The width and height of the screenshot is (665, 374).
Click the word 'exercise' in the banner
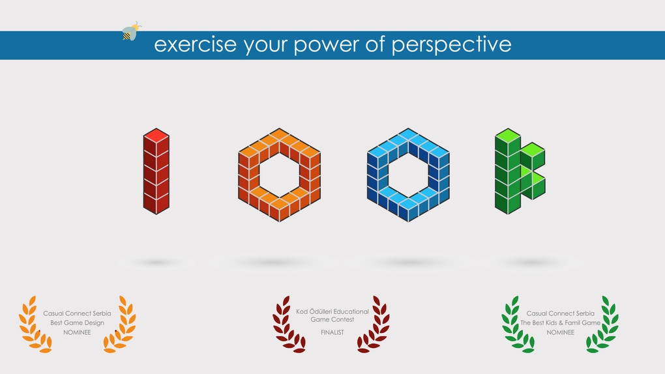click(x=195, y=44)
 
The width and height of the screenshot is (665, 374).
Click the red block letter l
click(x=156, y=171)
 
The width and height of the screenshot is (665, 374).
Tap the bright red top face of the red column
click(x=156, y=136)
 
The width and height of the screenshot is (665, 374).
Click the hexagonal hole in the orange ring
click(x=280, y=175)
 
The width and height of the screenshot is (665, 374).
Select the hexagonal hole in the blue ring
click(x=408, y=175)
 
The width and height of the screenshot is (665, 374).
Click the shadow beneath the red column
click(x=156, y=263)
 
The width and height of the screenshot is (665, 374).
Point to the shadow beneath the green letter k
click(x=530, y=263)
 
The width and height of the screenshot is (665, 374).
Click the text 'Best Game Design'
click(x=77, y=323)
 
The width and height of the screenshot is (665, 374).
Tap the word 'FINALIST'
click(x=332, y=332)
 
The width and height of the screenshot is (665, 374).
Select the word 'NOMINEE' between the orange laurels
click(x=77, y=332)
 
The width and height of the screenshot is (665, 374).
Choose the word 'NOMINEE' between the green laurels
click(x=560, y=332)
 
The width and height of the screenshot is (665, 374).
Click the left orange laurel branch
click(x=34, y=324)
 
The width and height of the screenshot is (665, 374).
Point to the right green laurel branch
click(x=603, y=324)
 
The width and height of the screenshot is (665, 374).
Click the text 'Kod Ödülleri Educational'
click(x=332, y=311)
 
